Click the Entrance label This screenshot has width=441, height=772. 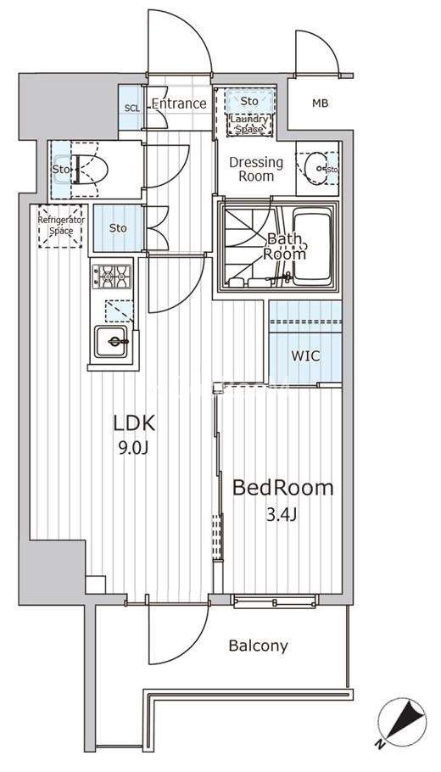(179, 103)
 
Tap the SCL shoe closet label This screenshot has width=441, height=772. (131, 108)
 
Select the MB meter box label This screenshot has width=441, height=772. (321, 103)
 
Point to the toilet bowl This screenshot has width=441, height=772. (90, 169)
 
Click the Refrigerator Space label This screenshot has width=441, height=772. (61, 226)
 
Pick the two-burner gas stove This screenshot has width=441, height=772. (112, 277)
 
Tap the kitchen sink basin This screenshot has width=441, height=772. (111, 341)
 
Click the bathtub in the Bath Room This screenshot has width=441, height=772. (312, 246)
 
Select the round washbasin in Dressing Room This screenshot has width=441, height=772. (315, 168)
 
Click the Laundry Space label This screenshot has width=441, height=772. (249, 124)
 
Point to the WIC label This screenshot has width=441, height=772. (305, 355)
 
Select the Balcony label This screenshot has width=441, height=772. (259, 646)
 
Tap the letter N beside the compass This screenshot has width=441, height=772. (379, 744)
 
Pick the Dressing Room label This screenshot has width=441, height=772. (256, 169)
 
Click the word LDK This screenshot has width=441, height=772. (134, 423)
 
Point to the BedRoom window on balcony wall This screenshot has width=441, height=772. (274, 601)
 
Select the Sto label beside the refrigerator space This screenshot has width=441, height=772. (118, 228)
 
